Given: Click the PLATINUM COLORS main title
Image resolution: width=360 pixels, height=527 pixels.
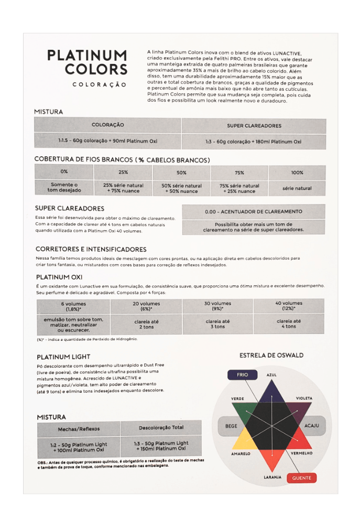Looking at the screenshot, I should (x=87, y=62).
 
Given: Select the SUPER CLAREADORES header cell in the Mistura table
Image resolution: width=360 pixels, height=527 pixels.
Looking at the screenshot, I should (x=254, y=126).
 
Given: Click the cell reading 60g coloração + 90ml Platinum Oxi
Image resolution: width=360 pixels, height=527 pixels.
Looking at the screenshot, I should (x=107, y=141).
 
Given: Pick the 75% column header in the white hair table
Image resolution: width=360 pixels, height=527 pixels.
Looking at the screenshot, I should (x=239, y=172).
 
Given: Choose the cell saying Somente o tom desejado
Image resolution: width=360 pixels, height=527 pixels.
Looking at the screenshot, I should (x=64, y=187).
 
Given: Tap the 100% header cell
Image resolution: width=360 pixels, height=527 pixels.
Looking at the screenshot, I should (x=297, y=172).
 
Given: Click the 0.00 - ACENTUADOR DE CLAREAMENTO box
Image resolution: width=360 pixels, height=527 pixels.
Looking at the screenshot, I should (x=253, y=211).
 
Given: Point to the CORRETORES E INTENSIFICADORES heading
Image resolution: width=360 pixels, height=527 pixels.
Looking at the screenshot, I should (x=91, y=249).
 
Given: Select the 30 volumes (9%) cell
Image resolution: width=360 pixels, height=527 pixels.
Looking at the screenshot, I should (x=217, y=306).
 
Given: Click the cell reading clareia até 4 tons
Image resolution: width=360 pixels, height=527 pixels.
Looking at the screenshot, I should (x=289, y=324).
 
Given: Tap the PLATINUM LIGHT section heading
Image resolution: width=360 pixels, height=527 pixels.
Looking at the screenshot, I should (x=63, y=357).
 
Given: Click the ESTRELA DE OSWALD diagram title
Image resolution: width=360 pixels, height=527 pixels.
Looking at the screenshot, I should (x=271, y=355).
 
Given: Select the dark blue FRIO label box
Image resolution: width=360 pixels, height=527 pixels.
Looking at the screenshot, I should (x=242, y=375).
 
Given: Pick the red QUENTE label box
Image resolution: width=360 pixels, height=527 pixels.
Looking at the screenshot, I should (x=301, y=478).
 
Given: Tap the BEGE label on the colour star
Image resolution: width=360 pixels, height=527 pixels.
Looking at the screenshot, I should (x=231, y=426).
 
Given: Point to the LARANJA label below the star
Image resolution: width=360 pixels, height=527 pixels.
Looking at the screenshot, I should (x=272, y=477).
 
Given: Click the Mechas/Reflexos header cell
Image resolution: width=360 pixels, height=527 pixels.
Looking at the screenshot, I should (x=79, y=428).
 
